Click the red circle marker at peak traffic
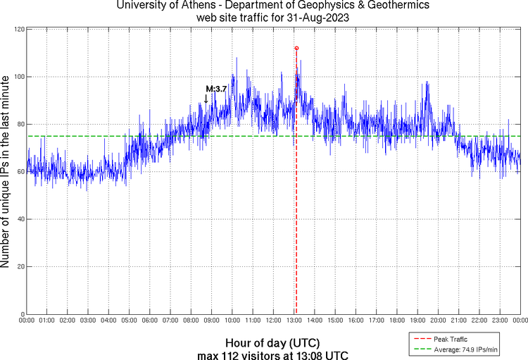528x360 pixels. (x=296, y=48)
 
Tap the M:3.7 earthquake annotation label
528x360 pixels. (x=215, y=89)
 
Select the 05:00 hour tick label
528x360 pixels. (x=130, y=321)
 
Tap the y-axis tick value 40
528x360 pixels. (x=20, y=219)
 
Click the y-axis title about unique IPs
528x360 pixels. (x=6, y=172)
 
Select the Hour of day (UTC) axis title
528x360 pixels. (x=272, y=343)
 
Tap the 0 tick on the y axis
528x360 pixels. (x=23, y=314)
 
